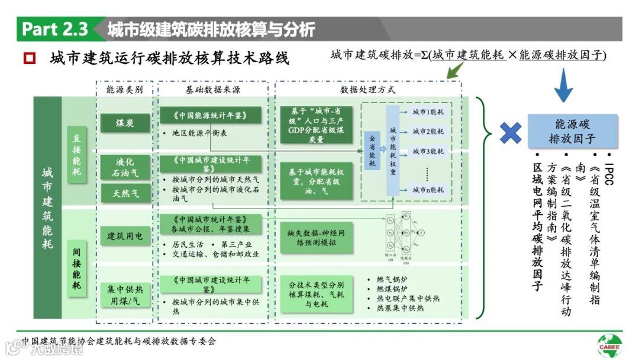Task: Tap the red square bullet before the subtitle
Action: pyautogui.click(x=29, y=59)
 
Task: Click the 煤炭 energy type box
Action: pyautogui.click(x=125, y=123)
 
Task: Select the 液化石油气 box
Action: pyautogui.click(x=125, y=167)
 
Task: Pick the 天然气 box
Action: pyautogui.click(x=125, y=192)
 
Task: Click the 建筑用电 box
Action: pyautogui.click(x=125, y=236)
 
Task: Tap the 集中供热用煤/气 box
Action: pyautogui.click(x=125, y=294)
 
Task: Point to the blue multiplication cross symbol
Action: pyautogui.click(x=510, y=133)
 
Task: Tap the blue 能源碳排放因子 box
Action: pyautogui.click(x=572, y=131)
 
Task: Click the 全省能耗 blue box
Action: pyautogui.click(x=372, y=150)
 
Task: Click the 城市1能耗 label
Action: pyautogui.click(x=428, y=111)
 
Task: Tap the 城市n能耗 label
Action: pyautogui.click(x=428, y=189)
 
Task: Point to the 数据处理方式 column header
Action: pyautogui.click(x=367, y=90)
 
